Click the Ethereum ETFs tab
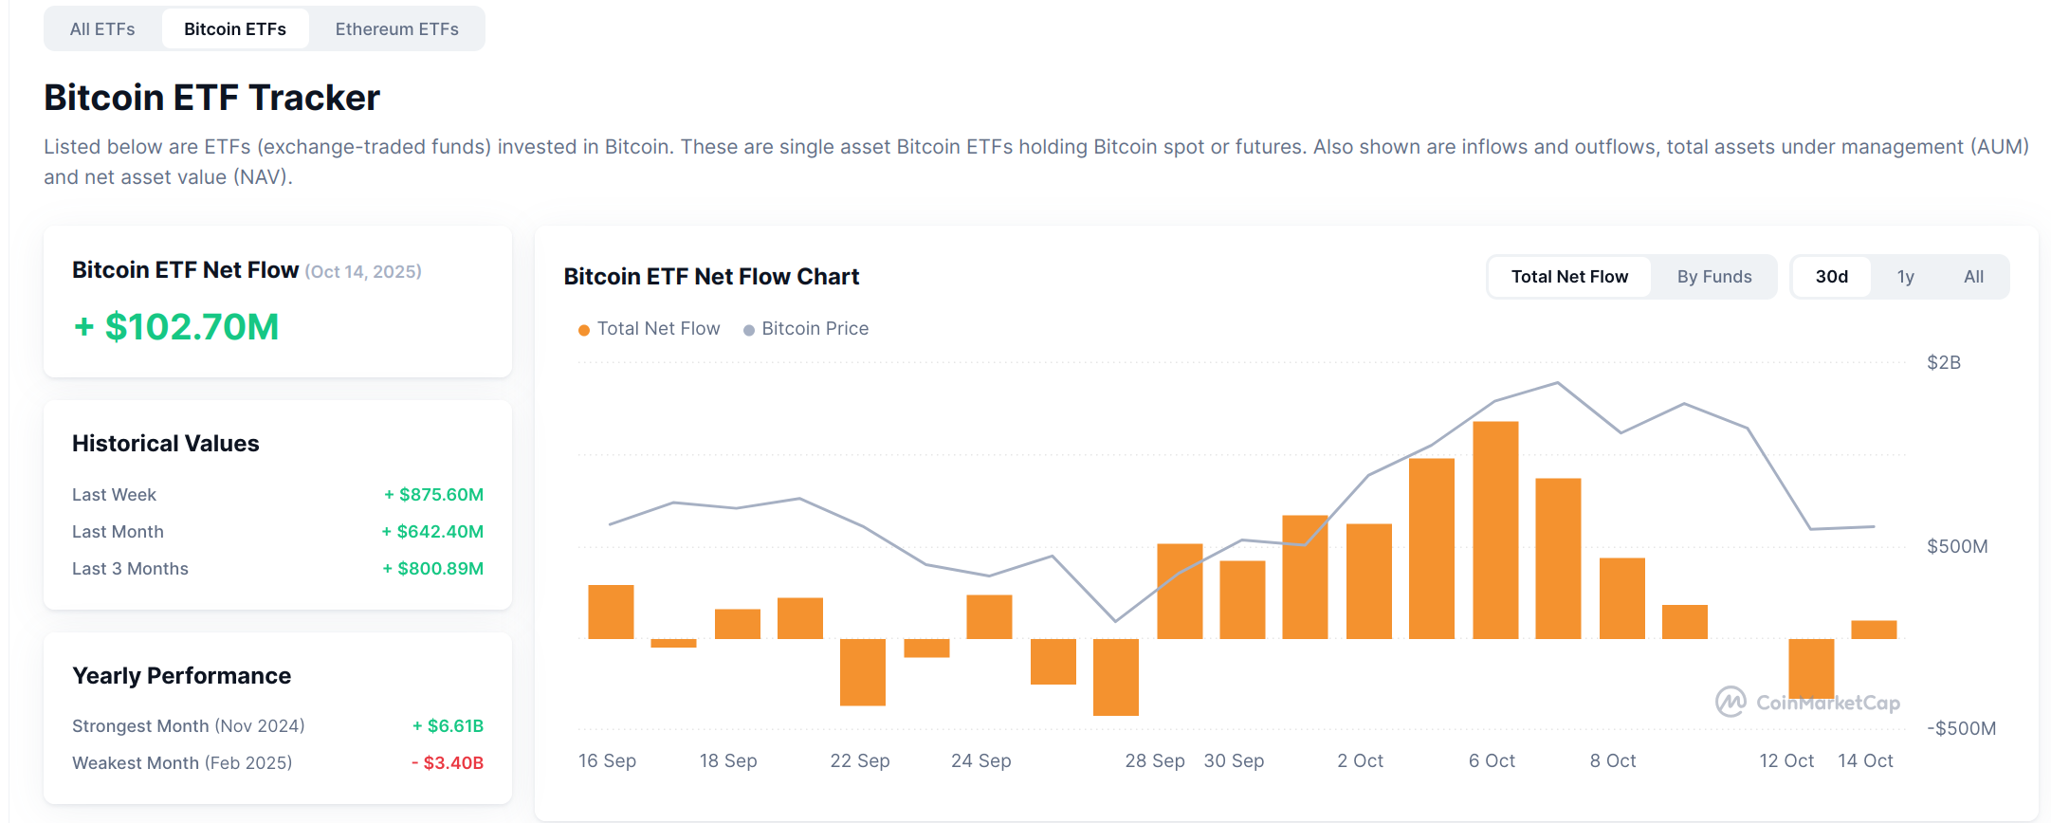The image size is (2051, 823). pos(396,29)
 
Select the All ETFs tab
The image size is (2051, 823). pos(102,29)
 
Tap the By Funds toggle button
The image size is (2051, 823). pos(1713,277)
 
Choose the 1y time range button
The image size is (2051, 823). pos(1905,277)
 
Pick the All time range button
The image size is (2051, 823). pos(1973,277)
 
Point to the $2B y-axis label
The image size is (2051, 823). pos(1943,363)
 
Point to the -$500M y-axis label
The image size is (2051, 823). pos(1960,729)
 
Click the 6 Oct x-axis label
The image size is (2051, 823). pos(1491,761)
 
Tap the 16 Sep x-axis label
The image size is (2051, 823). pos(607,761)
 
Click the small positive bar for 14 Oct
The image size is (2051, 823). pos(1874,630)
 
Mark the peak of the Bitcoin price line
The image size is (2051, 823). pos(1557,383)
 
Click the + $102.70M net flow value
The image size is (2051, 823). pos(177,327)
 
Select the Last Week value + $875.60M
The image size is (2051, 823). pos(433,495)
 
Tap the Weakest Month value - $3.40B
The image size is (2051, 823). pos(447,763)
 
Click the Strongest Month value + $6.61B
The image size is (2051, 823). pos(448,726)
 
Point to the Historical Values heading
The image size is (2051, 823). pos(166,444)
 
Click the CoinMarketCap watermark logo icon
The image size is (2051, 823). pos(1731,703)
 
